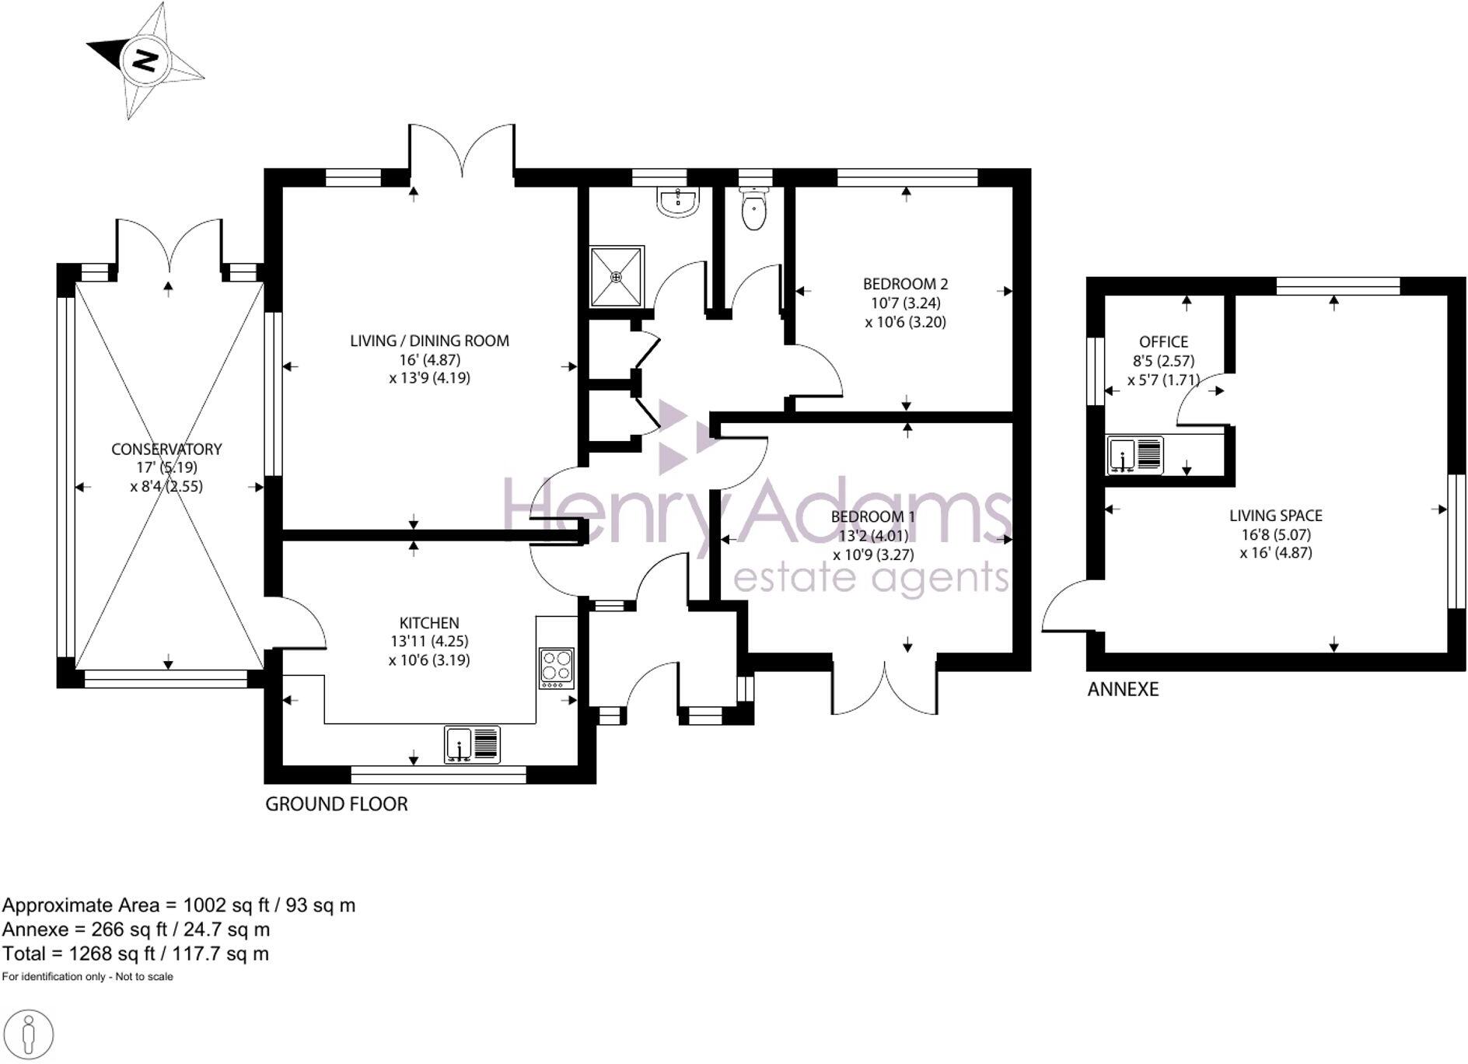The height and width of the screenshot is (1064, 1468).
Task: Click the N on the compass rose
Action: (x=145, y=61)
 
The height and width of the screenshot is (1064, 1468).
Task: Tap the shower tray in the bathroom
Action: (x=617, y=276)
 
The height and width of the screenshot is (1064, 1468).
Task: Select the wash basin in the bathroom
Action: (x=680, y=202)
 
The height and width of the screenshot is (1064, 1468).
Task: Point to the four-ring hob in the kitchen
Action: (x=557, y=667)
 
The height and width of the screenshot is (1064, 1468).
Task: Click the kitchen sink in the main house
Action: (x=473, y=744)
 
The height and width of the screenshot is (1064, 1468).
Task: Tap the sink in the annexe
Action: (x=1135, y=455)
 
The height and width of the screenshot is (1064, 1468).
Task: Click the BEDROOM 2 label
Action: (x=905, y=284)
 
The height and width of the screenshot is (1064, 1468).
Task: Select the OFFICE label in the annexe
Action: (x=1163, y=341)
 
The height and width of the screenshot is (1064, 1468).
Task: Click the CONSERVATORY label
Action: (x=166, y=449)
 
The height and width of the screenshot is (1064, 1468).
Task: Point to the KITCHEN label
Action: (x=429, y=622)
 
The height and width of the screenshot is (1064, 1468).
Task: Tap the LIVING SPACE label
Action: (x=1275, y=515)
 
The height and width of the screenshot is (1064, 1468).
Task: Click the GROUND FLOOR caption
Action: (x=337, y=804)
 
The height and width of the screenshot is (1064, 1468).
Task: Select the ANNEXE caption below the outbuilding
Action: (x=1123, y=689)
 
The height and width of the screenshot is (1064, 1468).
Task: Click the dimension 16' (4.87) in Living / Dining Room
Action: (x=428, y=359)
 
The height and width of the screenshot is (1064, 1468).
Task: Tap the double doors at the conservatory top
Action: (x=170, y=247)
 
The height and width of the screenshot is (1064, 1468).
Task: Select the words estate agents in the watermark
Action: (x=871, y=577)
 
